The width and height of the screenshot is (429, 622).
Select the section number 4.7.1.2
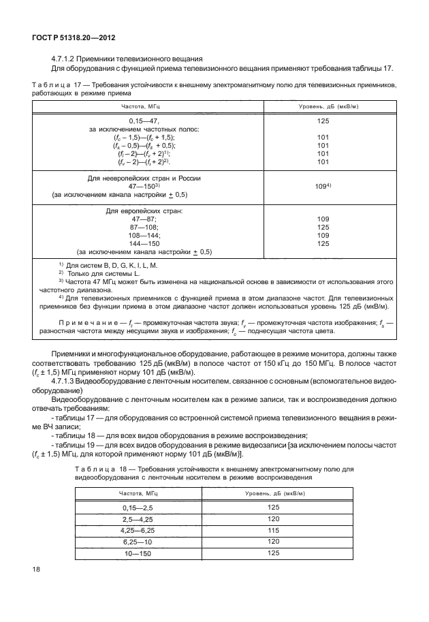click(65, 58)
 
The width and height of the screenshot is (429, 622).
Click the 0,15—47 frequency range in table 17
click(143, 121)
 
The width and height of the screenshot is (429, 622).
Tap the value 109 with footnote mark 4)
click(323, 186)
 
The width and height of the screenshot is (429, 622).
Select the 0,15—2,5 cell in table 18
click(138, 508)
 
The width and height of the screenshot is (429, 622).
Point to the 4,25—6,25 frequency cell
click(138, 529)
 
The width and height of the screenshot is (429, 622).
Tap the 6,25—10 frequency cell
click(138, 541)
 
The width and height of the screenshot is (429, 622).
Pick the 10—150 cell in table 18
click(138, 553)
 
